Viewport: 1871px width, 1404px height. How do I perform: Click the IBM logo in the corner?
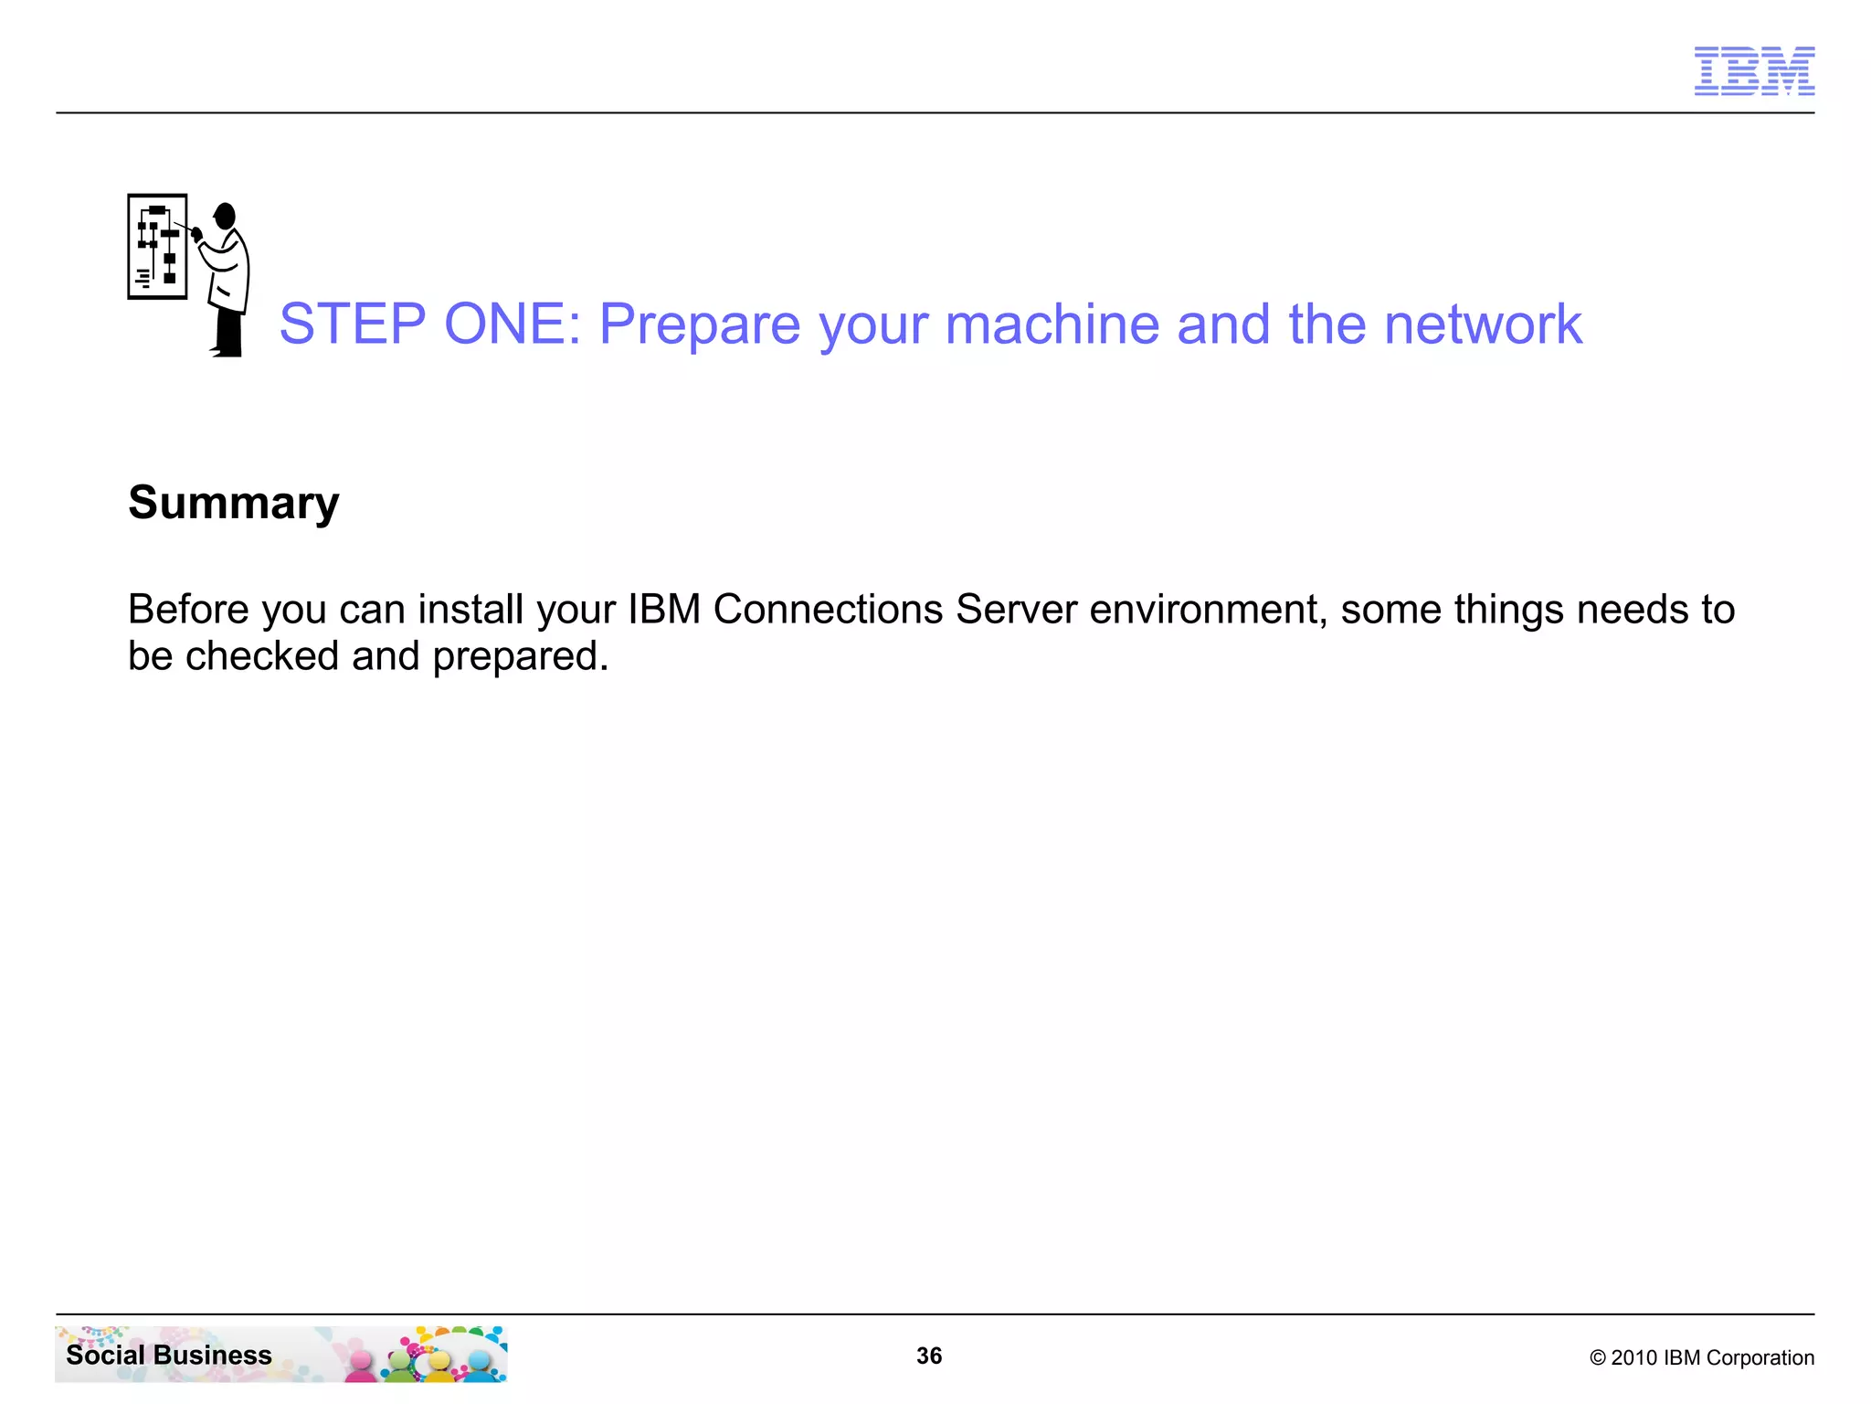1754,70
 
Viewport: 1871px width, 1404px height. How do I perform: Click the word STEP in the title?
353,324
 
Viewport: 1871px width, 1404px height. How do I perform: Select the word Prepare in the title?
700,325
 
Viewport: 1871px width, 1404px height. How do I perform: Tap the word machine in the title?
1052,324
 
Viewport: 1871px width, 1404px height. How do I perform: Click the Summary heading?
234,504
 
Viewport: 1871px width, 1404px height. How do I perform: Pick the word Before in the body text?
188,610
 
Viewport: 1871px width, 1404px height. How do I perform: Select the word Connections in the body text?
828,610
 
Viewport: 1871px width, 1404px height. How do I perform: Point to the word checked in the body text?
262,656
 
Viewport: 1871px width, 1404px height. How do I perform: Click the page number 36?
929,1356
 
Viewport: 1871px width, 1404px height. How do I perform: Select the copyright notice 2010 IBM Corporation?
1702,1358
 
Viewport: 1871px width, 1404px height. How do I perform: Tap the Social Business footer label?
169,1356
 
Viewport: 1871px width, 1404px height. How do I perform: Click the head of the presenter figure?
225,217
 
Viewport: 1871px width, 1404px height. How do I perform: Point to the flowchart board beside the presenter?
157,247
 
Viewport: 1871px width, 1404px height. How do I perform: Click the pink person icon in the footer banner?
362,1365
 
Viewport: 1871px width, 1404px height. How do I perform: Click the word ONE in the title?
513,324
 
